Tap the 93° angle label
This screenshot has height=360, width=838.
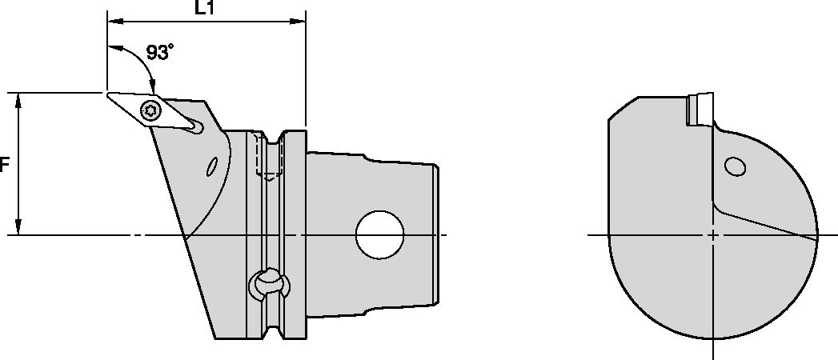[x=160, y=54]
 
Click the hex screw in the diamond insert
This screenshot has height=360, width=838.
[x=149, y=110]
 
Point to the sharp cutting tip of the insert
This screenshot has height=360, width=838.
[x=108, y=94]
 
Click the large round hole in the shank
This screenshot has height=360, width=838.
[x=380, y=234]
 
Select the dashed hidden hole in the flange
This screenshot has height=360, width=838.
[x=268, y=157]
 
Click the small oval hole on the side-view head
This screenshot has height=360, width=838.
[x=212, y=166]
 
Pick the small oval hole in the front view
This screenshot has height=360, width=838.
[x=735, y=166]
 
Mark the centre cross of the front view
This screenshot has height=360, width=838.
[x=712, y=235]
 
